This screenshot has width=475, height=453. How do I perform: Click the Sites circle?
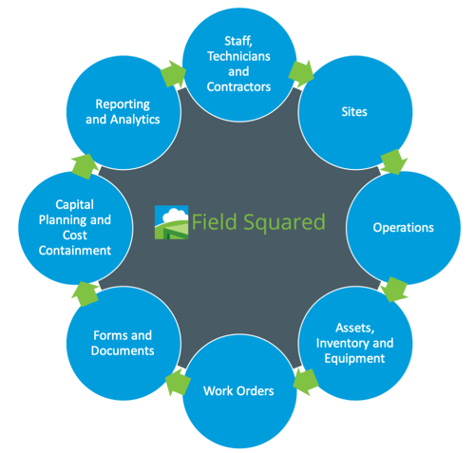[347, 112]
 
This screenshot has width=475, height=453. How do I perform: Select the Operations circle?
[403, 227]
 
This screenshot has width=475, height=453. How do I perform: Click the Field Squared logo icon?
[172, 222]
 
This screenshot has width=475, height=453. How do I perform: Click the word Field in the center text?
[212, 223]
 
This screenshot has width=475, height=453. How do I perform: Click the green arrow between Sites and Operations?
[389, 161]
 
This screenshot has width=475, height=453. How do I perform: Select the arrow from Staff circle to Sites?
[302, 71]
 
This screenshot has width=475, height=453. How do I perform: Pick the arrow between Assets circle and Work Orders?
[304, 383]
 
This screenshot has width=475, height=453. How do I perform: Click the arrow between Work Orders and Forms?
[173, 384]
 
